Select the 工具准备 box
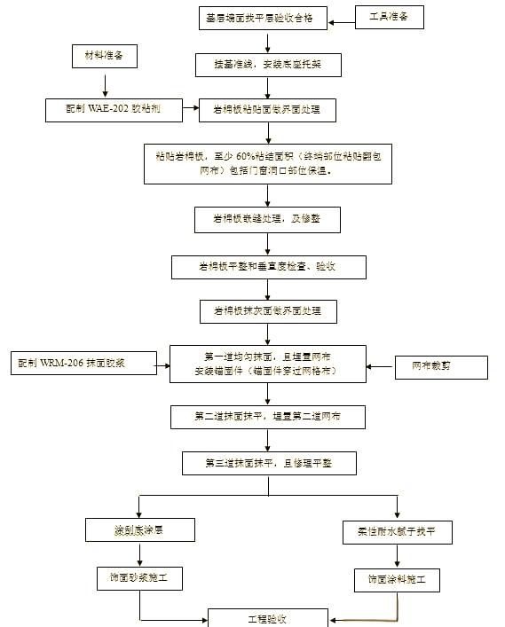pyautogui.click(x=383, y=17)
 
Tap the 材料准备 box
pyautogui.click(x=105, y=58)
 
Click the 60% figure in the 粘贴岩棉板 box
pyautogui.click(x=247, y=155)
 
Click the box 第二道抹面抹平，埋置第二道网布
pyautogui.click(x=268, y=415)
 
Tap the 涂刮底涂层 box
pyautogui.click(x=139, y=530)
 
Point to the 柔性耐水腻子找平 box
pyautogui.click(x=397, y=532)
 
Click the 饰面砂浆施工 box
pyautogui.click(x=139, y=579)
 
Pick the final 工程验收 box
pyautogui.click(x=266, y=618)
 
